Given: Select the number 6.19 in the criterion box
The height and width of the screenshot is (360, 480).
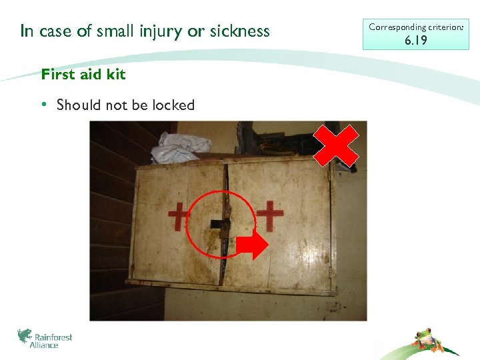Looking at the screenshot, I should click(x=416, y=41).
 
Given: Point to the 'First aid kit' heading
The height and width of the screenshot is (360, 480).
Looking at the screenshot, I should click(x=83, y=75).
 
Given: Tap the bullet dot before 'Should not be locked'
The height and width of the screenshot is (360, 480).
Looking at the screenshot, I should click(x=43, y=105).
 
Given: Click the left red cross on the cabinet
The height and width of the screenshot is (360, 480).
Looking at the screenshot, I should click(x=179, y=217).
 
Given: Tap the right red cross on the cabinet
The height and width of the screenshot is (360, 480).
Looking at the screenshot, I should click(x=270, y=216).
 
